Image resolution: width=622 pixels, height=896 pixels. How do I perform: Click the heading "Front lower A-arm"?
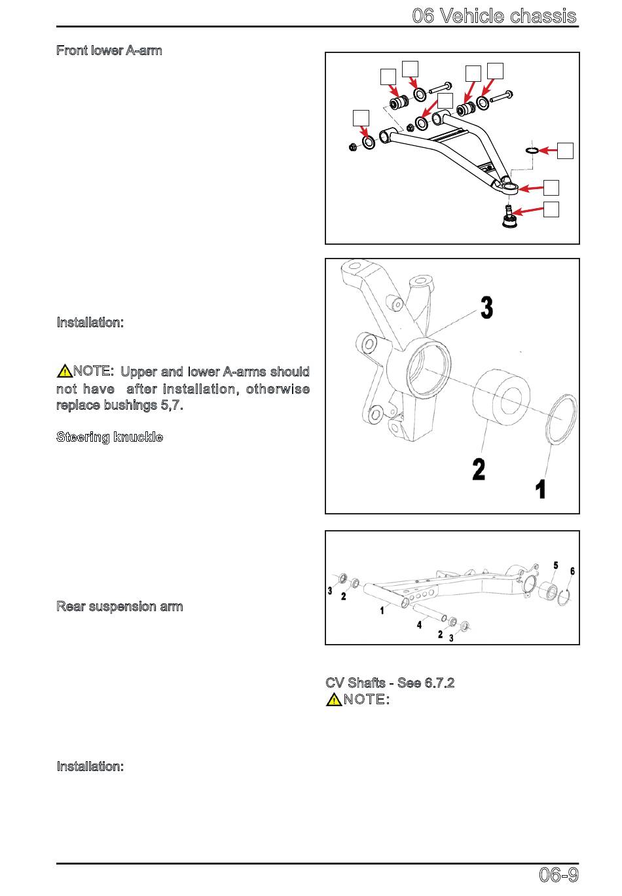109,50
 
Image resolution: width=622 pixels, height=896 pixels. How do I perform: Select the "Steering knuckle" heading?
109,437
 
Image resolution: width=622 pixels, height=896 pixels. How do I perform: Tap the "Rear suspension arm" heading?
119,606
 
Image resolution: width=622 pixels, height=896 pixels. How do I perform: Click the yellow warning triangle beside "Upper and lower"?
65,371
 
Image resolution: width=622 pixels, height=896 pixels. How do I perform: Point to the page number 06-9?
558,874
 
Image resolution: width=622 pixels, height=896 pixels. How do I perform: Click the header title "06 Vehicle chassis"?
494,16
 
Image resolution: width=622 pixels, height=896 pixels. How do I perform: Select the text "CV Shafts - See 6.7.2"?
390,683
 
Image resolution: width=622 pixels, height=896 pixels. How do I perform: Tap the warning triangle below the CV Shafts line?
333,699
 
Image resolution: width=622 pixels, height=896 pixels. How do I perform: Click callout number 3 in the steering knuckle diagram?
486,308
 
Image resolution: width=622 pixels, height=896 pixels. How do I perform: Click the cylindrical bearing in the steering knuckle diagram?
500,401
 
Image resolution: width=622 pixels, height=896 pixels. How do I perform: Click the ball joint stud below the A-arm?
507,217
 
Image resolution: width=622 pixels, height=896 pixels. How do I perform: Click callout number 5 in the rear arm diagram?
555,565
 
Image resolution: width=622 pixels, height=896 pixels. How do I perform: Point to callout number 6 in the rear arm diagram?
572,571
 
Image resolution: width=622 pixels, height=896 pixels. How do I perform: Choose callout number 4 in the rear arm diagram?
419,625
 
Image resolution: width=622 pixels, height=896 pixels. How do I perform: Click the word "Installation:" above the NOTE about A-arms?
90,322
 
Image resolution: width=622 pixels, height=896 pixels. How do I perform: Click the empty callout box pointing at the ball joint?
551,209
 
